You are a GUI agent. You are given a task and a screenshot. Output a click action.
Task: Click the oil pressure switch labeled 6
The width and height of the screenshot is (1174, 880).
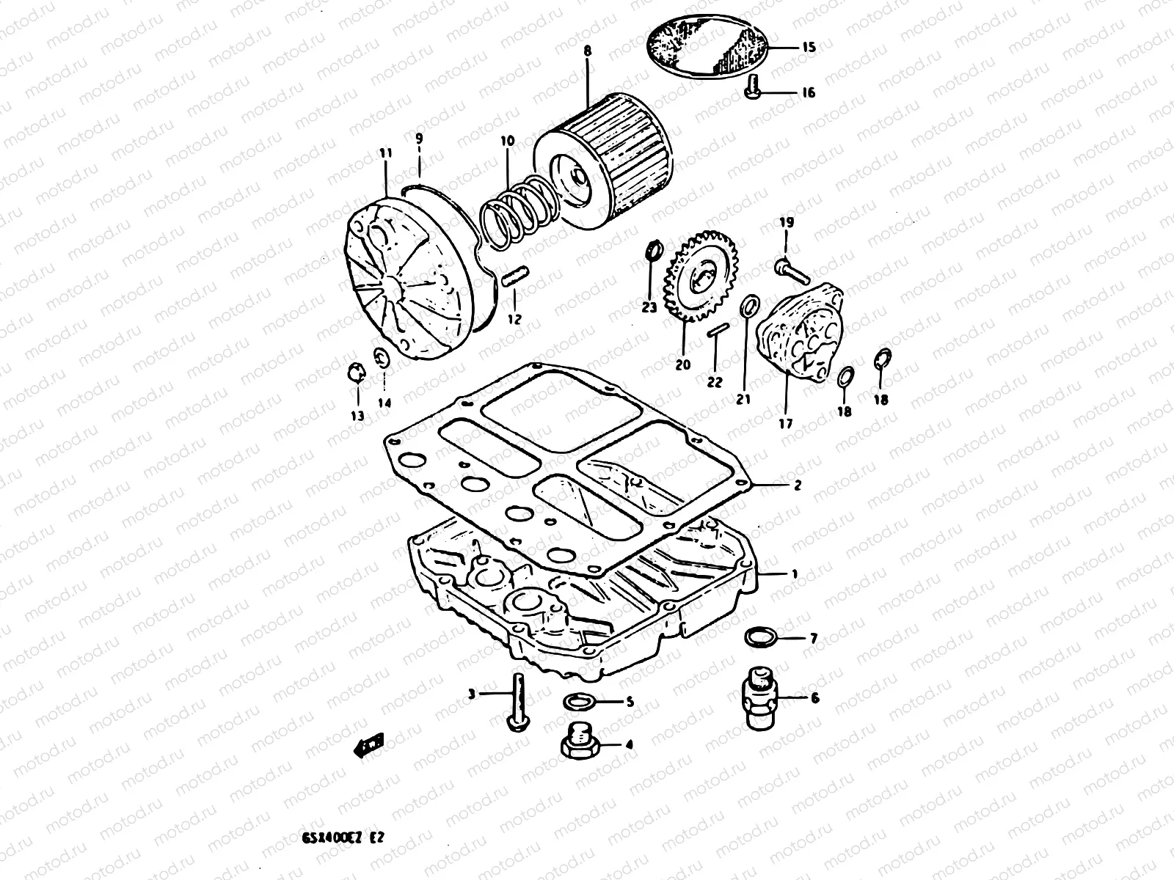(x=760, y=696)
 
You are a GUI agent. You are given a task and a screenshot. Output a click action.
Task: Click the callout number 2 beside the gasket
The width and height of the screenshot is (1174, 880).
(x=797, y=485)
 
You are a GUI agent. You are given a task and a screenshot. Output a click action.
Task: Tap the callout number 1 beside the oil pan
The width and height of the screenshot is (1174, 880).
(x=795, y=574)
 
